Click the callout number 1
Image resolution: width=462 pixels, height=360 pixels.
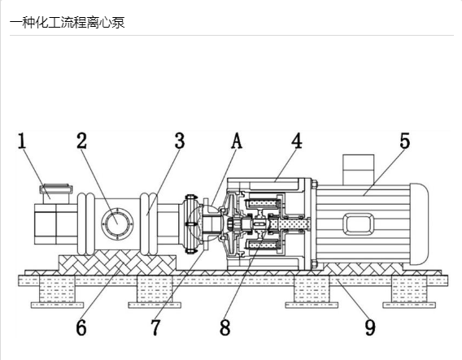pyautogui.click(x=22, y=141)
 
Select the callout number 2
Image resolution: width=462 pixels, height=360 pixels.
pyautogui.click(x=82, y=141)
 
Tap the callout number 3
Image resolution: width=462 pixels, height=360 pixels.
pyautogui.click(x=180, y=141)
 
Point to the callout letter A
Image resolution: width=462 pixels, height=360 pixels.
pyautogui.click(x=237, y=141)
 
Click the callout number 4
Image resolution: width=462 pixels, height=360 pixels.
pyautogui.click(x=297, y=141)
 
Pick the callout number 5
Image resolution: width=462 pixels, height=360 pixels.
pyautogui.click(x=405, y=141)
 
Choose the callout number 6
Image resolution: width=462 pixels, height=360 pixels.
pyautogui.click(x=81, y=327)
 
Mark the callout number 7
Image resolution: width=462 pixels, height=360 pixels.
pyautogui.click(x=156, y=327)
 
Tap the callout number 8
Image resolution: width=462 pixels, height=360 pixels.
pyautogui.click(x=225, y=327)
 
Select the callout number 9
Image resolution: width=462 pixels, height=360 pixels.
pyautogui.click(x=370, y=327)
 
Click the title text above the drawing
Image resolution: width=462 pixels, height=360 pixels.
pyautogui.click(x=68, y=23)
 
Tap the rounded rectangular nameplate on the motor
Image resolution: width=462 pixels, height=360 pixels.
pyautogui.click(x=358, y=224)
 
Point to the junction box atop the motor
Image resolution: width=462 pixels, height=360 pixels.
pyautogui.click(x=358, y=170)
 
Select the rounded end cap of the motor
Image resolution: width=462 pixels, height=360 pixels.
pyautogui.click(x=420, y=223)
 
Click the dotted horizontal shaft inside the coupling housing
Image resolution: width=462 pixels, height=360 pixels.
pyautogui.click(x=290, y=224)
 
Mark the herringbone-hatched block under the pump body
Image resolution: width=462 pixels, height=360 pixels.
pyautogui.click(x=117, y=262)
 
